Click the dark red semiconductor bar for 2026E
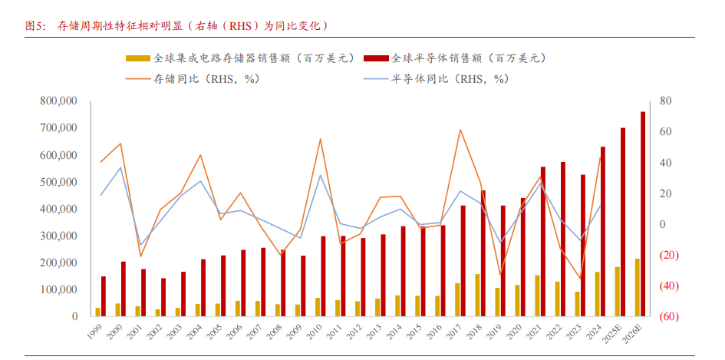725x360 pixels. pos(643,214)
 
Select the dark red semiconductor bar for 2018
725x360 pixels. pos(483,253)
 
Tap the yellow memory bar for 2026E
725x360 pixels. pos(637,288)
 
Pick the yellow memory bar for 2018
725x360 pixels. pos(477,295)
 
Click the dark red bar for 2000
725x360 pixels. pos(124,289)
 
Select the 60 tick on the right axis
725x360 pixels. pos(665,132)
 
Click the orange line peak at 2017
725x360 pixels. pos(460,129)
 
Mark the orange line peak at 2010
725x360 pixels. pos(320,139)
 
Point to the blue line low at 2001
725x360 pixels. pos(140,245)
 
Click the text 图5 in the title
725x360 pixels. pos(35,25)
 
